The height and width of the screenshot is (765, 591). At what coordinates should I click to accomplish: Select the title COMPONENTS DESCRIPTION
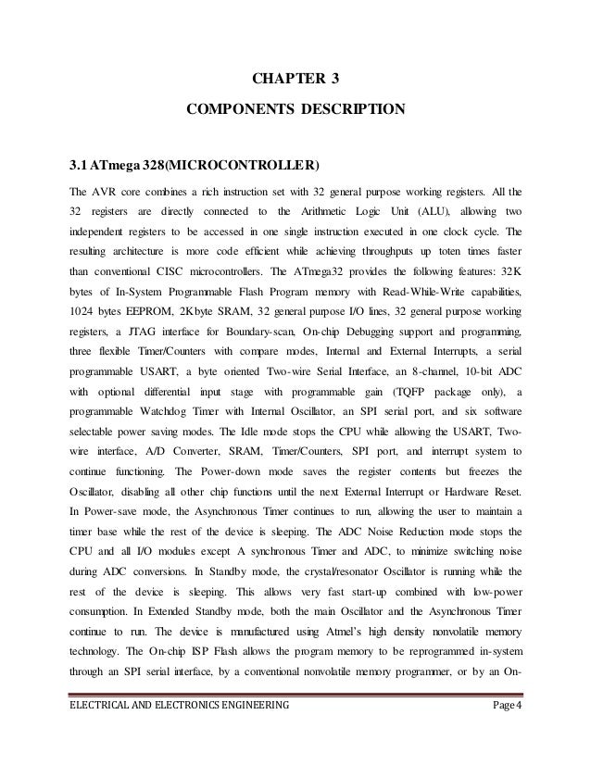pyautogui.click(x=295, y=111)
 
